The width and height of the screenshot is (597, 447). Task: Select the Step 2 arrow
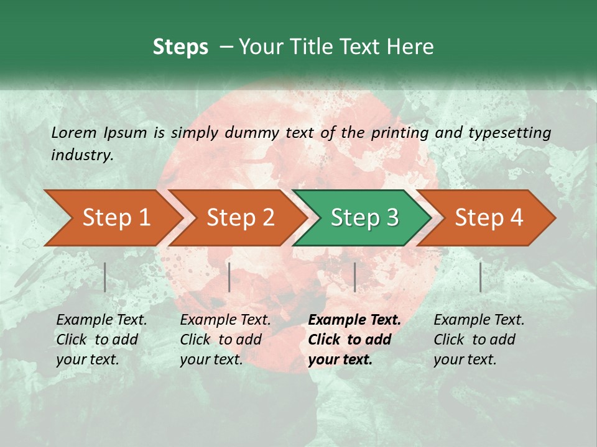(240, 218)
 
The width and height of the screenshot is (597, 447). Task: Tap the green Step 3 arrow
(364, 218)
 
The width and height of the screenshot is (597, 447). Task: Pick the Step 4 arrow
(489, 218)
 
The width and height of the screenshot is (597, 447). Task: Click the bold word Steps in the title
(180, 47)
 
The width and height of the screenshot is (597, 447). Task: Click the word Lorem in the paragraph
(74, 132)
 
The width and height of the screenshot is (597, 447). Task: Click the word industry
(82, 155)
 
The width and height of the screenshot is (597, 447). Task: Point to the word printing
(400, 132)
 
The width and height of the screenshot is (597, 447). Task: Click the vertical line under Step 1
(104, 277)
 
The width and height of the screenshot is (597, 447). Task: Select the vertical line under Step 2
(229, 277)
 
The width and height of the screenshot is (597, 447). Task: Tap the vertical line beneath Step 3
(354, 277)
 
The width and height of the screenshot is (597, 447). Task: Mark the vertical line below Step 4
(480, 277)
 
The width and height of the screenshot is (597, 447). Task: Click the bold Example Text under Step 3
(354, 320)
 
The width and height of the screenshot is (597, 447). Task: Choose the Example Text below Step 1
(101, 320)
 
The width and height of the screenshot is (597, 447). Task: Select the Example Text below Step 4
(479, 320)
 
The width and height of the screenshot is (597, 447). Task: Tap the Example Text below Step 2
(225, 320)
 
